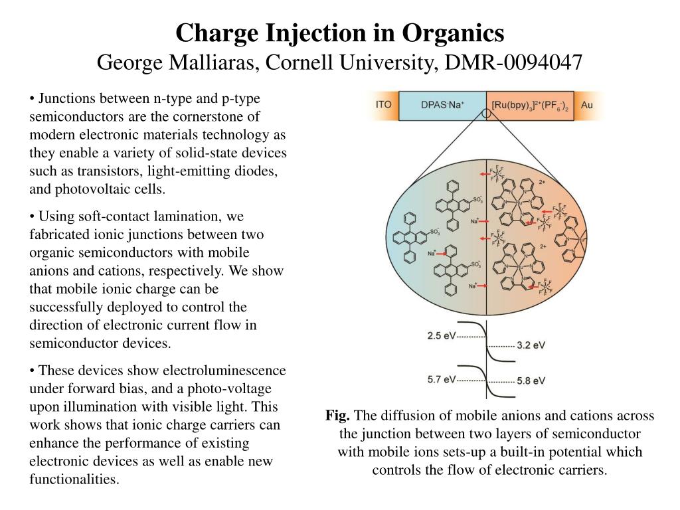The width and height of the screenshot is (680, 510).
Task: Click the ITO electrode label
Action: pos(383,105)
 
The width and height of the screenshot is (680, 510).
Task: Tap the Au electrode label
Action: pos(587,105)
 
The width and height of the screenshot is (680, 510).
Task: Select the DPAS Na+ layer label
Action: pos(443,105)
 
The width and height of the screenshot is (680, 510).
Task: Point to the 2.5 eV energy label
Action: pos(442,336)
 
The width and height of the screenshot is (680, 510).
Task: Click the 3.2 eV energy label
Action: pos(531,345)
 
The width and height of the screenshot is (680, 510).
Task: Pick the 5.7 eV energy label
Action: pos(442,379)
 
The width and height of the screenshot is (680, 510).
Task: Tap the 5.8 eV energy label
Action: pos(531,381)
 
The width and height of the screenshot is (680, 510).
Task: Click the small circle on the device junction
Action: pos(487,114)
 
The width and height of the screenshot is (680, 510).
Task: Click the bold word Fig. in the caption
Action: pos(337,416)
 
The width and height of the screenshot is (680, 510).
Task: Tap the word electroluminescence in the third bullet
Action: pos(230,371)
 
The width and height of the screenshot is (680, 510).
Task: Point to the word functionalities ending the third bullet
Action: pos(74,479)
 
